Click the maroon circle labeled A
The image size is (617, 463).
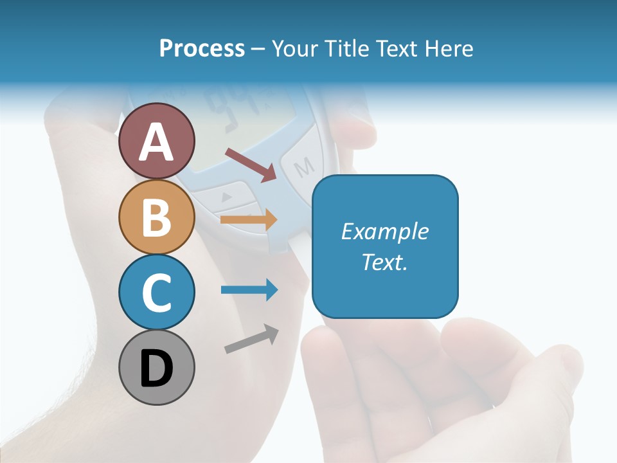click(157, 141)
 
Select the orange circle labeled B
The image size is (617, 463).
click(157, 217)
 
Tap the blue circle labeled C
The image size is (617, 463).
click(157, 292)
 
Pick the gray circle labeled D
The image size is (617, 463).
click(157, 367)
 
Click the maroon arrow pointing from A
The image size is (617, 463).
click(251, 165)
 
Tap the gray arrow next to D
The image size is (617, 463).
click(251, 339)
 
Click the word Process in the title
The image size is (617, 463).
click(202, 49)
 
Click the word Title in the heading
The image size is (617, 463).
click(347, 49)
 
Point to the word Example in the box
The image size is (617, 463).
click(384, 232)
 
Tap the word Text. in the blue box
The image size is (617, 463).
click(384, 262)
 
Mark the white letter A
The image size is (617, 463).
click(157, 142)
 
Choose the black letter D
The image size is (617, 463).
click(157, 369)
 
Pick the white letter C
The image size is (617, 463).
click(157, 293)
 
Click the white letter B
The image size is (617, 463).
click(157, 217)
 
